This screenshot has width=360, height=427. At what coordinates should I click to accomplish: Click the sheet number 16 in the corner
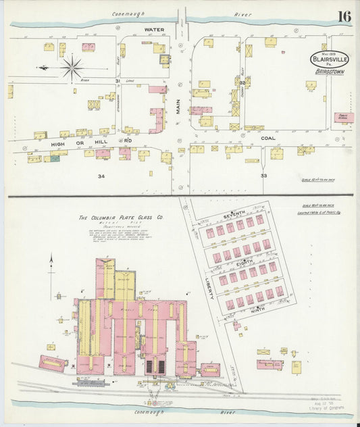344,16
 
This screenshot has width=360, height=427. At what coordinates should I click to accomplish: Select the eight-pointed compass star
72,68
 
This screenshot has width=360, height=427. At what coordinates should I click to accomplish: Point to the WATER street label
155,30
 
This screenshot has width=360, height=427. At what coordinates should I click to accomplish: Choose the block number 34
101,176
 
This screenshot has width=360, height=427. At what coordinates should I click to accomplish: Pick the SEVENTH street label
234,214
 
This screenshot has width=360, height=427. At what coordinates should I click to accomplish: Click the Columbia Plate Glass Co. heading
121,218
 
